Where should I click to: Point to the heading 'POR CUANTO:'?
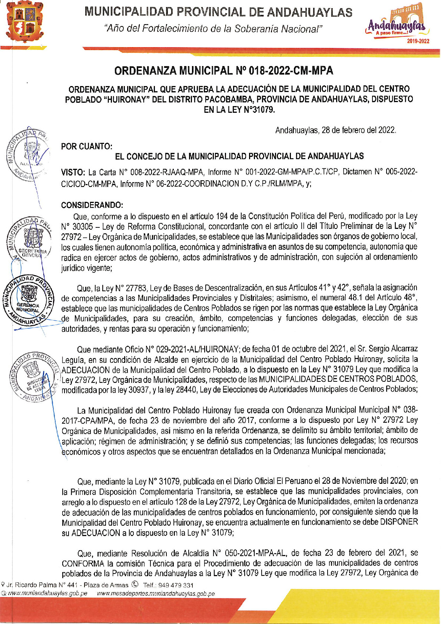[87, 146]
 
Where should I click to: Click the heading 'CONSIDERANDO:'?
[92, 205]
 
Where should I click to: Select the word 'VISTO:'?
[73, 172]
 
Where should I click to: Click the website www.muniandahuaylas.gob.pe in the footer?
[47, 593]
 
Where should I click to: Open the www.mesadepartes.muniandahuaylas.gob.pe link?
[156, 593]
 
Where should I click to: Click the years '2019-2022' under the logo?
[418, 41]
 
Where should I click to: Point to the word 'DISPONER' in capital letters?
[399, 522]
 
